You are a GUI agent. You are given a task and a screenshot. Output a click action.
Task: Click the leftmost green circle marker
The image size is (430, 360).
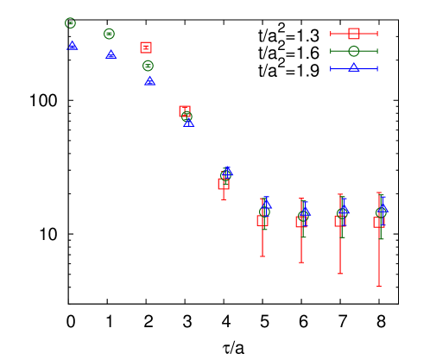tap(71, 23)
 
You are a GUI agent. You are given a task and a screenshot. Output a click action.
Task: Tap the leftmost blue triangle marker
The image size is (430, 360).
tap(73, 45)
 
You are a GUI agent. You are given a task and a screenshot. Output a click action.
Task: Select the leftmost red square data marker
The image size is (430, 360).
tap(146, 47)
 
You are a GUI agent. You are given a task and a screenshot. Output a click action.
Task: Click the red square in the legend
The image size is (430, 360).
tap(354, 34)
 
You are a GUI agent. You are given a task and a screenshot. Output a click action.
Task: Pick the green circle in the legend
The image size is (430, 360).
tap(354, 51)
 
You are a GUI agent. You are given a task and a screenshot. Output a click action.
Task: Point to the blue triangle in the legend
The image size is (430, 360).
tap(354, 67)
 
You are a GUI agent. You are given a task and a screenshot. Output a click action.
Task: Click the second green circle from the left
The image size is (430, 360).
tap(109, 34)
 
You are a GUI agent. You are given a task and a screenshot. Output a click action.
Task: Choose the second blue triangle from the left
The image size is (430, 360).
tap(111, 54)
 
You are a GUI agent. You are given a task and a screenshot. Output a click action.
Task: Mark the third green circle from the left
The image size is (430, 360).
tap(148, 66)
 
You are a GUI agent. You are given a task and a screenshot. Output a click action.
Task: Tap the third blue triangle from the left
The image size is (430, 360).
tap(150, 81)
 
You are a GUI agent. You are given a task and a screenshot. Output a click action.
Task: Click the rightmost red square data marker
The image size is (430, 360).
tap(379, 222)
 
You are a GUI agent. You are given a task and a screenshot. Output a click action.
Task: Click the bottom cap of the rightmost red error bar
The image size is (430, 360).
tap(379, 287)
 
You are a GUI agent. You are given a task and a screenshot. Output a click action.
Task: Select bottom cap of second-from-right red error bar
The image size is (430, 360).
tap(340, 274)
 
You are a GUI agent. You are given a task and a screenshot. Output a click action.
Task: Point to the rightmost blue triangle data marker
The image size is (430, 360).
tap(383, 208)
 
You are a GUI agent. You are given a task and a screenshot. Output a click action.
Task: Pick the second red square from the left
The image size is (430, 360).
tap(185, 111)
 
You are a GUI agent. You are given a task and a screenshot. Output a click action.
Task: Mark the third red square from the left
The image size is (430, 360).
tap(224, 184)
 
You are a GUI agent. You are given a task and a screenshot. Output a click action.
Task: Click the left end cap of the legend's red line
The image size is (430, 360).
tap(331, 34)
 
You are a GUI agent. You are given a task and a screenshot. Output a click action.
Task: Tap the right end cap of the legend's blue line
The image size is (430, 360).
tap(377, 68)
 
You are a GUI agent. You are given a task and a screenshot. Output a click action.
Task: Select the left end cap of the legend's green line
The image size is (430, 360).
tap(331, 51)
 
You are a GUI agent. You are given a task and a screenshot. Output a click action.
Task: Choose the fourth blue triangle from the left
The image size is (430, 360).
tap(188, 123)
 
